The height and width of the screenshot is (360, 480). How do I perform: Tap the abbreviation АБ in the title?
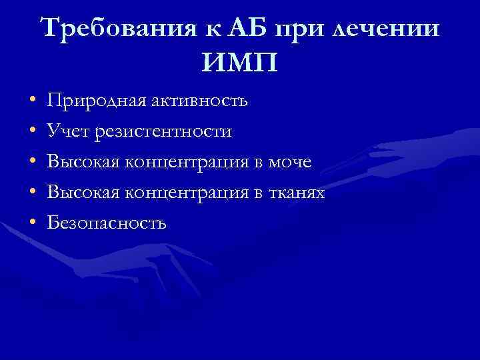point(243,29)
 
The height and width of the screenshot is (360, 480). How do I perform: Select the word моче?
point(288,162)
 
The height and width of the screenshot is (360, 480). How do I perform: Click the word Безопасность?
point(107,223)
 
